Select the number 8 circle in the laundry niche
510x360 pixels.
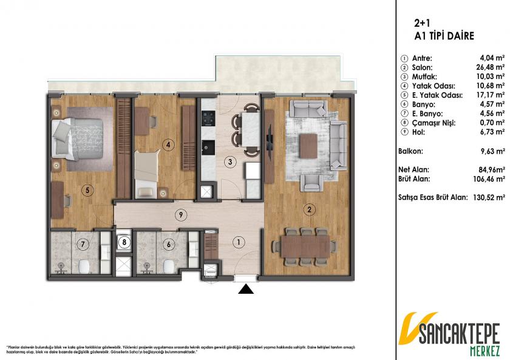124,242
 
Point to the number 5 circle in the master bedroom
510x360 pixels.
88,190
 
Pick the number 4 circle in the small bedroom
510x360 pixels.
169,144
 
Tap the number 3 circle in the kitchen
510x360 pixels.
229,161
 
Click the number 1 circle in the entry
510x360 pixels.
239,242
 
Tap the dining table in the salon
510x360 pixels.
307,246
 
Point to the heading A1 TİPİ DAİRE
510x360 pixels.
444,36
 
